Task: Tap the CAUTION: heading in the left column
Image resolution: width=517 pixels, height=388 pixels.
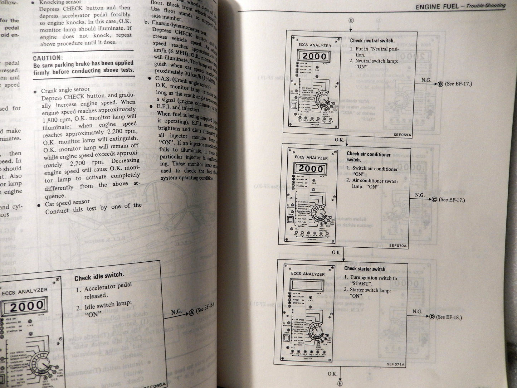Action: pos(48,58)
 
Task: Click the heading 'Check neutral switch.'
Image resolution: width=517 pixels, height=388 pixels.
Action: pos(372,41)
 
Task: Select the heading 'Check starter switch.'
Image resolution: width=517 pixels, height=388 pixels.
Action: pos(365,269)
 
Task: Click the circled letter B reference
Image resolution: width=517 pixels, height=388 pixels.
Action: pos(440,84)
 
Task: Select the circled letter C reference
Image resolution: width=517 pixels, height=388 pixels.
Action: pos(434,200)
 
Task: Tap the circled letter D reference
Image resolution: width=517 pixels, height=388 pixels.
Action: pos(432,317)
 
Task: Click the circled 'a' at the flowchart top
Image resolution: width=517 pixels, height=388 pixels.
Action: pos(351,20)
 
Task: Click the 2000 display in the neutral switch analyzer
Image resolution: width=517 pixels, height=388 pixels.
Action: pos(314,56)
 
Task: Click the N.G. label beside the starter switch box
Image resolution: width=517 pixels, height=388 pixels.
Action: pos(417,311)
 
